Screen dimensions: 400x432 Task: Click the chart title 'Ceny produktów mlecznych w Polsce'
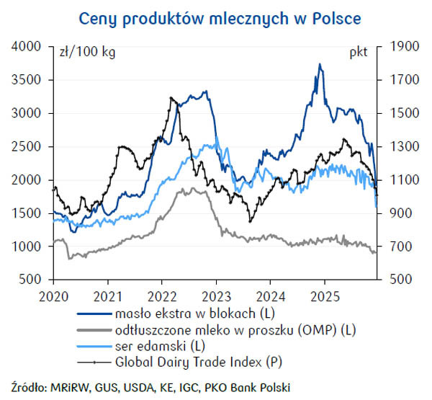pos(220,17)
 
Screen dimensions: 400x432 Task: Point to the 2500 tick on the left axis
pos(30,146)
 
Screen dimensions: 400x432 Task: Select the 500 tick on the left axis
pos(33,280)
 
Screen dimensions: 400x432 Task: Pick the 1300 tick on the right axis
pos(402,146)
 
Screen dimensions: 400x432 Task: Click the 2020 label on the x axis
pos(54,295)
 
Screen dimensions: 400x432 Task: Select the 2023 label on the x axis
pos(215,295)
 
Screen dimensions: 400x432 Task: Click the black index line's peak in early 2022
pos(171,97)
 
